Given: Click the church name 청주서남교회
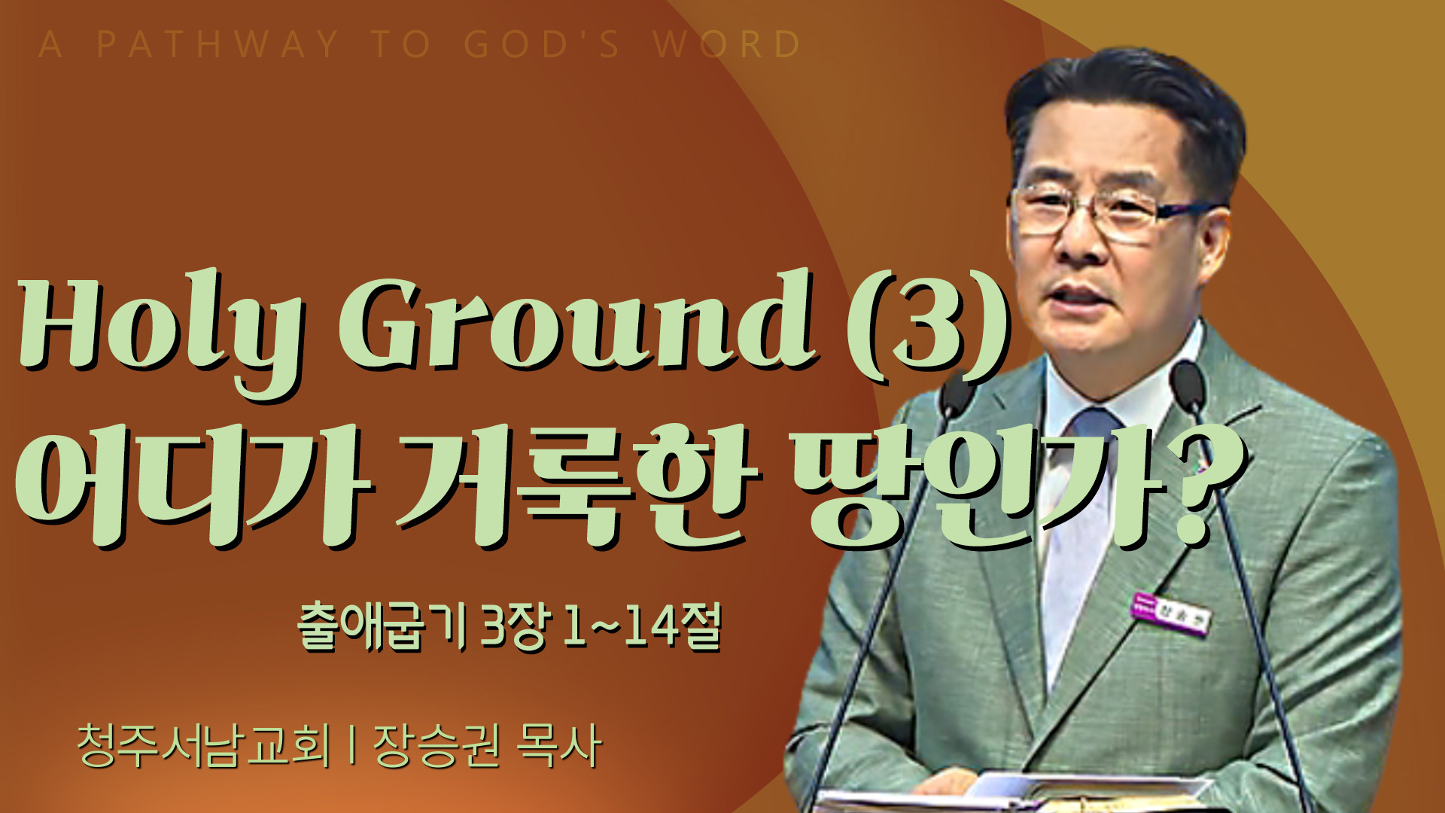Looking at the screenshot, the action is coord(203,745).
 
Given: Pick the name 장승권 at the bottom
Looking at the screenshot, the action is coord(437,745).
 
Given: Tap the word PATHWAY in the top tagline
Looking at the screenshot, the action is coord(218,44).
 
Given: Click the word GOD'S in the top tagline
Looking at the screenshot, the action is coord(542,44).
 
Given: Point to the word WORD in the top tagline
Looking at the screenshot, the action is coord(727,44).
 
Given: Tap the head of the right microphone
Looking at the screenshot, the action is coord(1189,385).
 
